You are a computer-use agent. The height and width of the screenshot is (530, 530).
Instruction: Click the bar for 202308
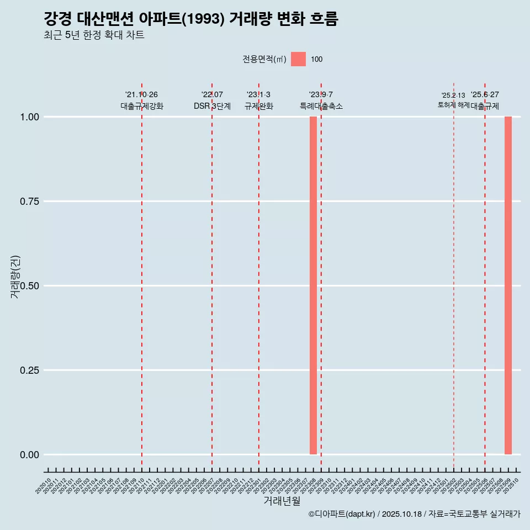point(313,285)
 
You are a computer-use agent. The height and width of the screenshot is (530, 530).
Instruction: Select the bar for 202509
point(508,285)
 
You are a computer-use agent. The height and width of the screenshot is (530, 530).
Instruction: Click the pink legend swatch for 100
point(298,59)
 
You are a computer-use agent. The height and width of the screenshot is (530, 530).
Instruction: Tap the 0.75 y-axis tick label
point(29,202)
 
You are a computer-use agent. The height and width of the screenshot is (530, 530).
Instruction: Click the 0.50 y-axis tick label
point(29,286)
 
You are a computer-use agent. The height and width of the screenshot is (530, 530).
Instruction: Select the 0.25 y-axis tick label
point(29,370)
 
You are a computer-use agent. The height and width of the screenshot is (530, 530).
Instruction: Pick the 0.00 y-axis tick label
point(29,455)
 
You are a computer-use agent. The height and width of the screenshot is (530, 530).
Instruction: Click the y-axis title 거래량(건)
point(15,277)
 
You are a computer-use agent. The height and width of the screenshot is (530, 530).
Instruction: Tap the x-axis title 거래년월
point(282,501)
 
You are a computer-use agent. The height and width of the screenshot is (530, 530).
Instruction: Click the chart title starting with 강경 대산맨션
point(190,19)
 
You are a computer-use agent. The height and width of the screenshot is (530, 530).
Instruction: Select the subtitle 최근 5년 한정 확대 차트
point(94,35)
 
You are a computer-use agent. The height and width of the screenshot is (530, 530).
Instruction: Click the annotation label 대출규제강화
point(142,106)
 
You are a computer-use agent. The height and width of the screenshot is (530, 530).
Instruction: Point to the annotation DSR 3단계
point(212,106)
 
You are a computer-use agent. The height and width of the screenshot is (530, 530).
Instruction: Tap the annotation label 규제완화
point(259,106)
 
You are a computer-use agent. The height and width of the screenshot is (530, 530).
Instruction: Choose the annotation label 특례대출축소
point(321,106)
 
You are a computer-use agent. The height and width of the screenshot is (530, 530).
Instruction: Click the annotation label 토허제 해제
point(453,105)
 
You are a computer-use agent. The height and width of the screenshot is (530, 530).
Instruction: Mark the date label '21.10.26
point(142,95)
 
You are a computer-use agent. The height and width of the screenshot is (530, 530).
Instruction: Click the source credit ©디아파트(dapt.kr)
point(342,514)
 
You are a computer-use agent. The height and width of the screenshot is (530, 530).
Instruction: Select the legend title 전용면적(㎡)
point(264,59)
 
